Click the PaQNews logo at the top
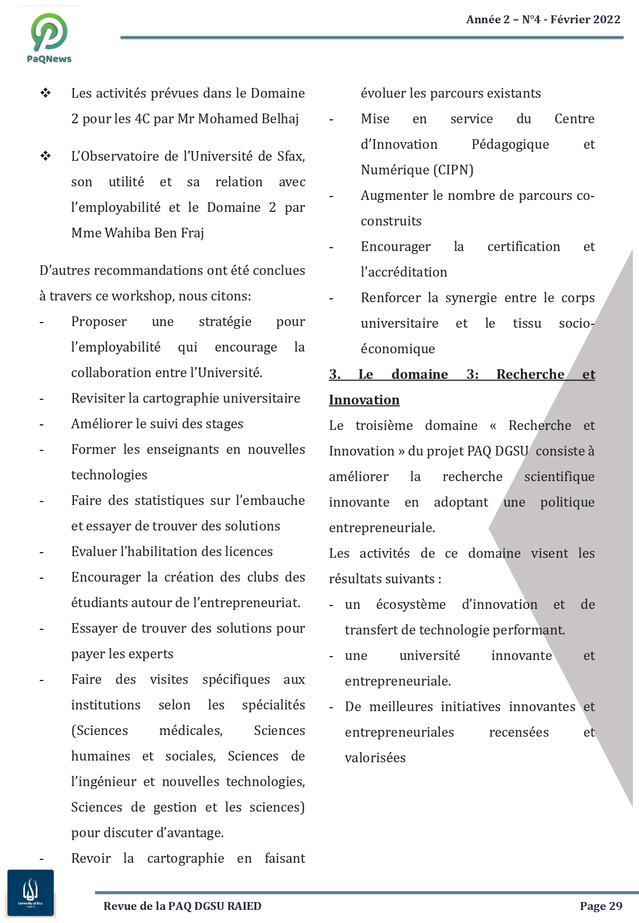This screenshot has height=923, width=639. [x=49, y=37]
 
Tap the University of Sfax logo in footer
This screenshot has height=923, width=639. [x=31, y=893]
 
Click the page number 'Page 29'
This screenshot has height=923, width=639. [x=600, y=906]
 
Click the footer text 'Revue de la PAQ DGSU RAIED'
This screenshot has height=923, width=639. [x=182, y=906]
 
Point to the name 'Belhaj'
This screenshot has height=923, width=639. [x=280, y=119]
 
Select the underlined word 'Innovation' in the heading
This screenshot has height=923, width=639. [x=364, y=400]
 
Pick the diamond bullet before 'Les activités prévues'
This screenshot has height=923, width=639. [x=45, y=93]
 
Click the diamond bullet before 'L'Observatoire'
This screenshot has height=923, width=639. [x=45, y=156]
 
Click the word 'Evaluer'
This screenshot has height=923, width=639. [x=94, y=552]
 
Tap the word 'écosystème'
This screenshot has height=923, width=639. [x=411, y=604]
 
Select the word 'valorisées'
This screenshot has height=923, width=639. [x=375, y=758]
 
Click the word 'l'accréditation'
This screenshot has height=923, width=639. [x=404, y=272]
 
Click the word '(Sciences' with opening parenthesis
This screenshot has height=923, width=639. [x=99, y=730]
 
